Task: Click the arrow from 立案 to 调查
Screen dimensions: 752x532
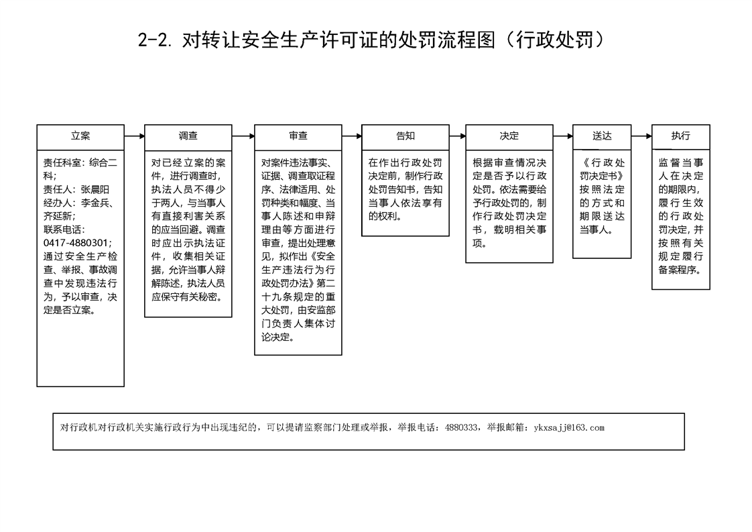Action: tap(134, 136)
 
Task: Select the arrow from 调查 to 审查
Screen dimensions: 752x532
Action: tap(243, 136)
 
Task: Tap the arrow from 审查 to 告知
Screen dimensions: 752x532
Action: tap(352, 136)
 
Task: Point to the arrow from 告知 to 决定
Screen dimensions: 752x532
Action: tap(458, 136)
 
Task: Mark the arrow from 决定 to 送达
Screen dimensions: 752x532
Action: tap(562, 136)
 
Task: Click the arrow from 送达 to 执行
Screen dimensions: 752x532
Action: tap(641, 136)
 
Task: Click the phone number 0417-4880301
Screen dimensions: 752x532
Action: tap(76, 244)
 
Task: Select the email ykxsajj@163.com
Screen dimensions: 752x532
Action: tap(569, 428)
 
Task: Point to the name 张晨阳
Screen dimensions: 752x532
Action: tap(95, 190)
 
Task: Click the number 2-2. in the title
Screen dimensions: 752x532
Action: tap(154, 40)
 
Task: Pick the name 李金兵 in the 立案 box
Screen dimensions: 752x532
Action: tap(95, 203)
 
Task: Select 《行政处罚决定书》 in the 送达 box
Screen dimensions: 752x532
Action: tap(602, 170)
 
